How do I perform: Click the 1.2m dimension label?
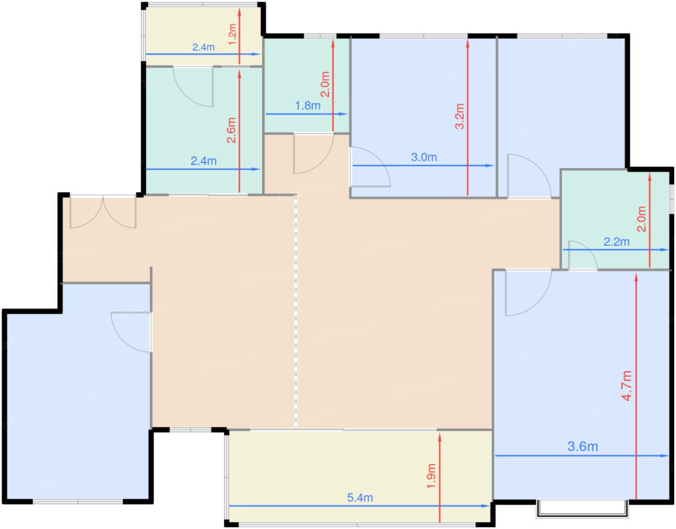tap(232, 34)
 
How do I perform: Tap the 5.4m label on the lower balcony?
tap(360, 498)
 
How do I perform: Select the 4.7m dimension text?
tap(627, 386)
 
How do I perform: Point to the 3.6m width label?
tap(583, 446)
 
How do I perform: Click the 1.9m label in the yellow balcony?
tap(431, 476)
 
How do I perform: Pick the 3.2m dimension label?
tap(460, 116)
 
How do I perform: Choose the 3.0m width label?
tap(423, 157)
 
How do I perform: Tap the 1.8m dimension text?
tap(308, 106)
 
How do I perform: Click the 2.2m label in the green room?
tap(616, 242)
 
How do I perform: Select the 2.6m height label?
tap(231, 130)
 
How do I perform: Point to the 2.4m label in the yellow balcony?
tap(203, 47)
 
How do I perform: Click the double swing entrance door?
tap(103, 212)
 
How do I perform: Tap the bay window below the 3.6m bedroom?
tap(582, 509)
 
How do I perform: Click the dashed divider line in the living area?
tap(296, 311)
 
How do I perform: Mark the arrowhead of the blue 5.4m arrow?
tap(486, 506)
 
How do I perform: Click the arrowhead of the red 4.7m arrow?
tap(636, 277)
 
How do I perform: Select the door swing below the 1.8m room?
tap(313, 154)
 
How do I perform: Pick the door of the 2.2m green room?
tap(583, 255)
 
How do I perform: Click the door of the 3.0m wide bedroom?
tap(370, 167)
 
